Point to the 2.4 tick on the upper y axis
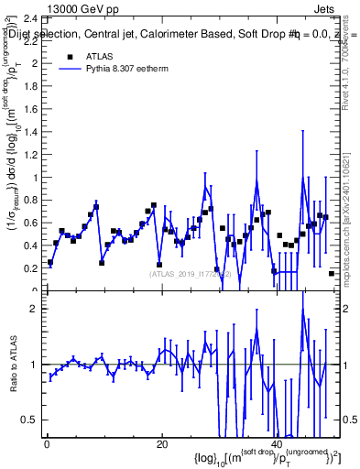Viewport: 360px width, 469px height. (x=31, y=18)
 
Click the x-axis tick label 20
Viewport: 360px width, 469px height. (x=161, y=444)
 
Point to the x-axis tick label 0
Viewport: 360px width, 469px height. (x=46, y=444)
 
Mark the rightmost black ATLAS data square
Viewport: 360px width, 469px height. (x=332, y=273)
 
